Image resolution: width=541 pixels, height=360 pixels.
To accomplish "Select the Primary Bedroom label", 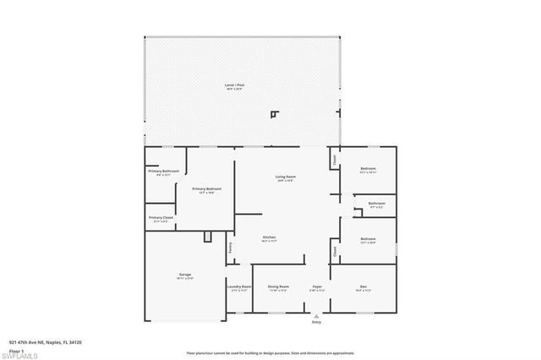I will click(x=206, y=188).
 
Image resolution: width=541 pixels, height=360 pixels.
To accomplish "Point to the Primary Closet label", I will click(x=161, y=217).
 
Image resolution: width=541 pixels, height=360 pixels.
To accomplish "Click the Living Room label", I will click(x=284, y=177).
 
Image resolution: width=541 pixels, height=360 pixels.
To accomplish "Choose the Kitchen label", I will click(x=269, y=237).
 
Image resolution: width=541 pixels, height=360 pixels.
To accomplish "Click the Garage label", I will click(x=184, y=275).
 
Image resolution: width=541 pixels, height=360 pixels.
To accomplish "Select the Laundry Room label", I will click(x=239, y=287).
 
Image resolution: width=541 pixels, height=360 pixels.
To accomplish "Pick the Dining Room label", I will click(x=279, y=287).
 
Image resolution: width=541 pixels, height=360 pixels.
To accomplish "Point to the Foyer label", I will click(x=317, y=287).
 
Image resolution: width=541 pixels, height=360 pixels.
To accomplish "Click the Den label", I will click(x=363, y=287).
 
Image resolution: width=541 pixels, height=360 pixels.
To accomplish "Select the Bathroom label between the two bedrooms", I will click(x=377, y=203).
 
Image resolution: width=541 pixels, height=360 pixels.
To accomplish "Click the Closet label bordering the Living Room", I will click(x=335, y=159).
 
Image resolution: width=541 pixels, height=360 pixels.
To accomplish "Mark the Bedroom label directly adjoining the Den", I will click(x=368, y=239).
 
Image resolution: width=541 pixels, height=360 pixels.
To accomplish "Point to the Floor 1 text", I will click(x=16, y=349).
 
